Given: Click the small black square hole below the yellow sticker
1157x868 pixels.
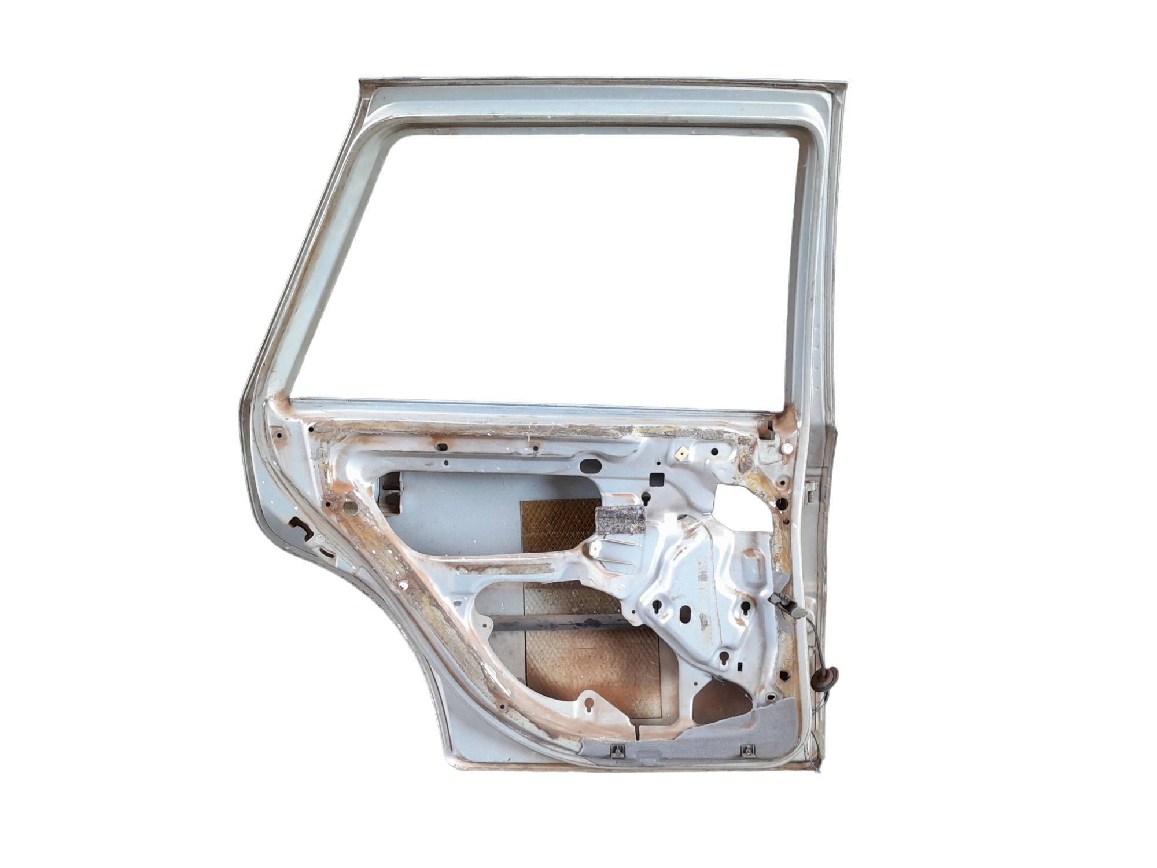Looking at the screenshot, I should [657, 479].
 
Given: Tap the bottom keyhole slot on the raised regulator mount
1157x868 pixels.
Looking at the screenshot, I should [724, 660].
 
